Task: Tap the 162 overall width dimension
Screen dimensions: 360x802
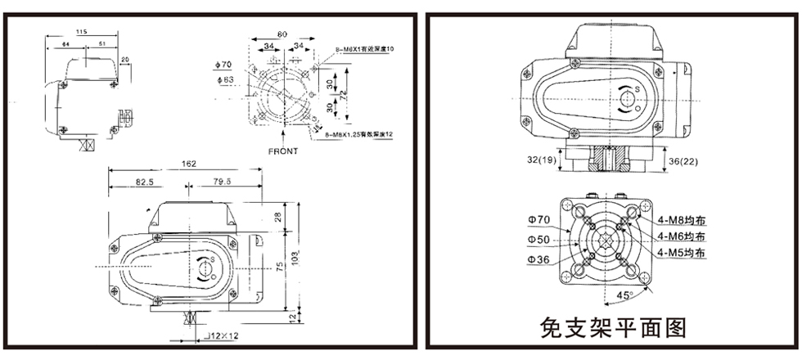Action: [189, 164]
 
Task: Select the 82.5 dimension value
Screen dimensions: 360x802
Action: [144, 181]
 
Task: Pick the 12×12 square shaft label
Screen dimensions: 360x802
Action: [222, 335]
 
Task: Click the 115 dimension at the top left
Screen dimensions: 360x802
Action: [80, 31]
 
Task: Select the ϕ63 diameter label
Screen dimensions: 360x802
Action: [226, 79]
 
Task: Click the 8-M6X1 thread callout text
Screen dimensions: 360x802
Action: [363, 51]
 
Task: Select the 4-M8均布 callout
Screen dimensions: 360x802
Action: [681, 220]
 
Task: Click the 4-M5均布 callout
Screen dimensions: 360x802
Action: [681, 253]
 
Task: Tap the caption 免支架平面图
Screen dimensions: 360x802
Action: [612, 328]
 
